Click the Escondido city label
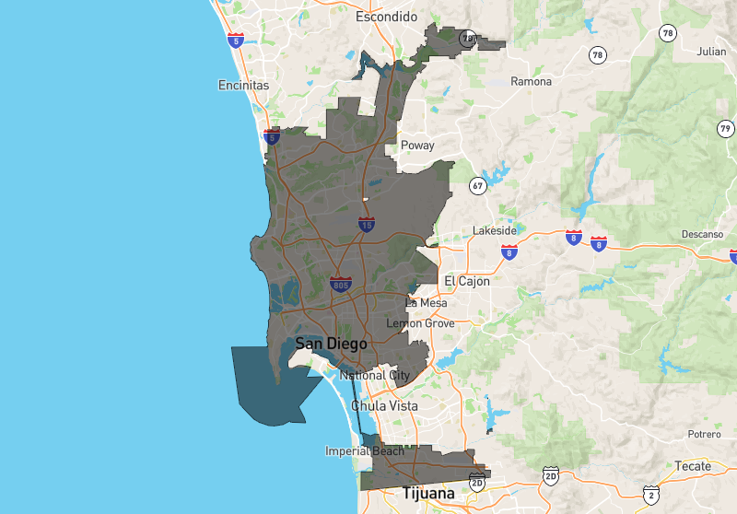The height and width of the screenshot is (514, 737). tap(387, 17)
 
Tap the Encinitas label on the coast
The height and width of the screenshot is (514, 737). tap(243, 85)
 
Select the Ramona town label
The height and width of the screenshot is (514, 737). tap(532, 81)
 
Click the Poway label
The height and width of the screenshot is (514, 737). tap(416, 146)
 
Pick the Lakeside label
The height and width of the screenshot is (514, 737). tap(500, 230)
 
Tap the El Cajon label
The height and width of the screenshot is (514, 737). tap(467, 280)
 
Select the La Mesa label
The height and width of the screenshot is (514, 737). tap(426, 302)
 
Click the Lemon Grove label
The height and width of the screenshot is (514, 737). tap(420, 323)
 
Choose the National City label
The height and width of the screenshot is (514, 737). tap(375, 375)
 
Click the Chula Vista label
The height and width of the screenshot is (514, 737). tap(384, 405)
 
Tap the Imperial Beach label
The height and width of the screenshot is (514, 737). tap(364, 451)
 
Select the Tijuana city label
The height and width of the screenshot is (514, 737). tap(428, 495)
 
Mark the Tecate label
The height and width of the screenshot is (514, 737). tap(693, 466)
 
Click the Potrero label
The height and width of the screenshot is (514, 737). tap(703, 434)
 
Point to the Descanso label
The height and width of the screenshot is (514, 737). tap(703, 234)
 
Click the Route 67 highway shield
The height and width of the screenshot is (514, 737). tap(476, 185)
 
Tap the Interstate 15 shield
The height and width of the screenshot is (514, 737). tap(367, 224)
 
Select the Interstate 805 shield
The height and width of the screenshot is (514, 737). tap(340, 284)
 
